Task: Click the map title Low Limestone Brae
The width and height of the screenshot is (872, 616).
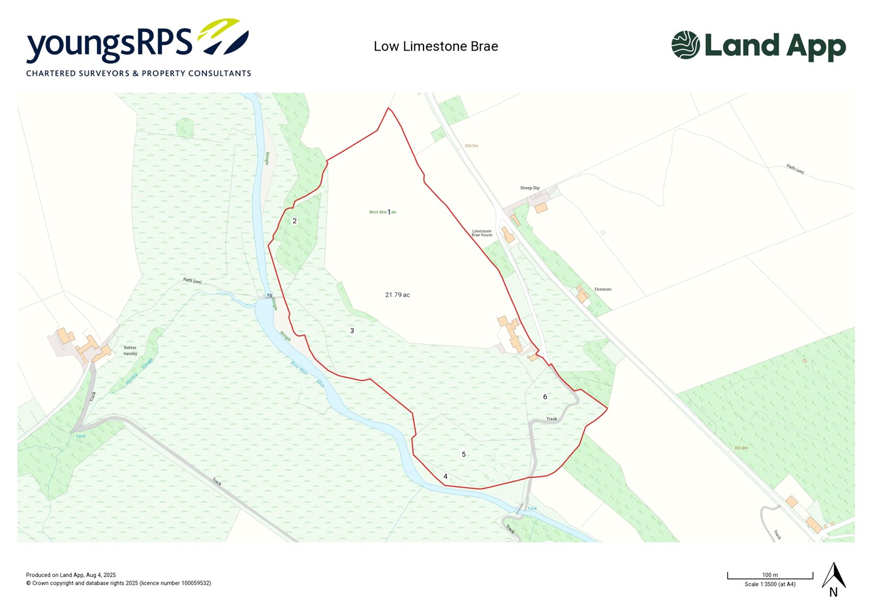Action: tap(435, 47)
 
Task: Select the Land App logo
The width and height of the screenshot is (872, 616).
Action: tap(759, 46)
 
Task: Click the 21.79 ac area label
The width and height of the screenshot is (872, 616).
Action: tap(397, 295)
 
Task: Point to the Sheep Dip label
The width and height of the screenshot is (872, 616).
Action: tap(530, 188)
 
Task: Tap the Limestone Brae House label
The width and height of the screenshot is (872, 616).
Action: tap(482, 233)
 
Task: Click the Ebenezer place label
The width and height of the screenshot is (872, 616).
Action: tap(603, 289)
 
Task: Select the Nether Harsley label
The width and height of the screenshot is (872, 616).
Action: tap(130, 351)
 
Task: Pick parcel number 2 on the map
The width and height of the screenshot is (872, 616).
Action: tap(295, 221)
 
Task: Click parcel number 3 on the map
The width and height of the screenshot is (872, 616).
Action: tap(352, 331)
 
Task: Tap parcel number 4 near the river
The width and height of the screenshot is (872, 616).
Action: tap(445, 477)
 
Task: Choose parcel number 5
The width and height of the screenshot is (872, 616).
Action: tap(464, 455)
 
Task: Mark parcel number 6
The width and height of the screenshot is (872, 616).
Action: tap(545, 397)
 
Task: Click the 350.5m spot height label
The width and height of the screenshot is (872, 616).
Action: tap(471, 146)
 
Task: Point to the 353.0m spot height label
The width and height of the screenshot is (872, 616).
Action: tap(741, 448)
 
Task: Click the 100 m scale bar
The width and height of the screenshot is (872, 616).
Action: tap(770, 576)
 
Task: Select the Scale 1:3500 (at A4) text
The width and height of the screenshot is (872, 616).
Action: tap(770, 584)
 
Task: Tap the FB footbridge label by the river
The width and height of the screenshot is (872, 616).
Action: tap(269, 296)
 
